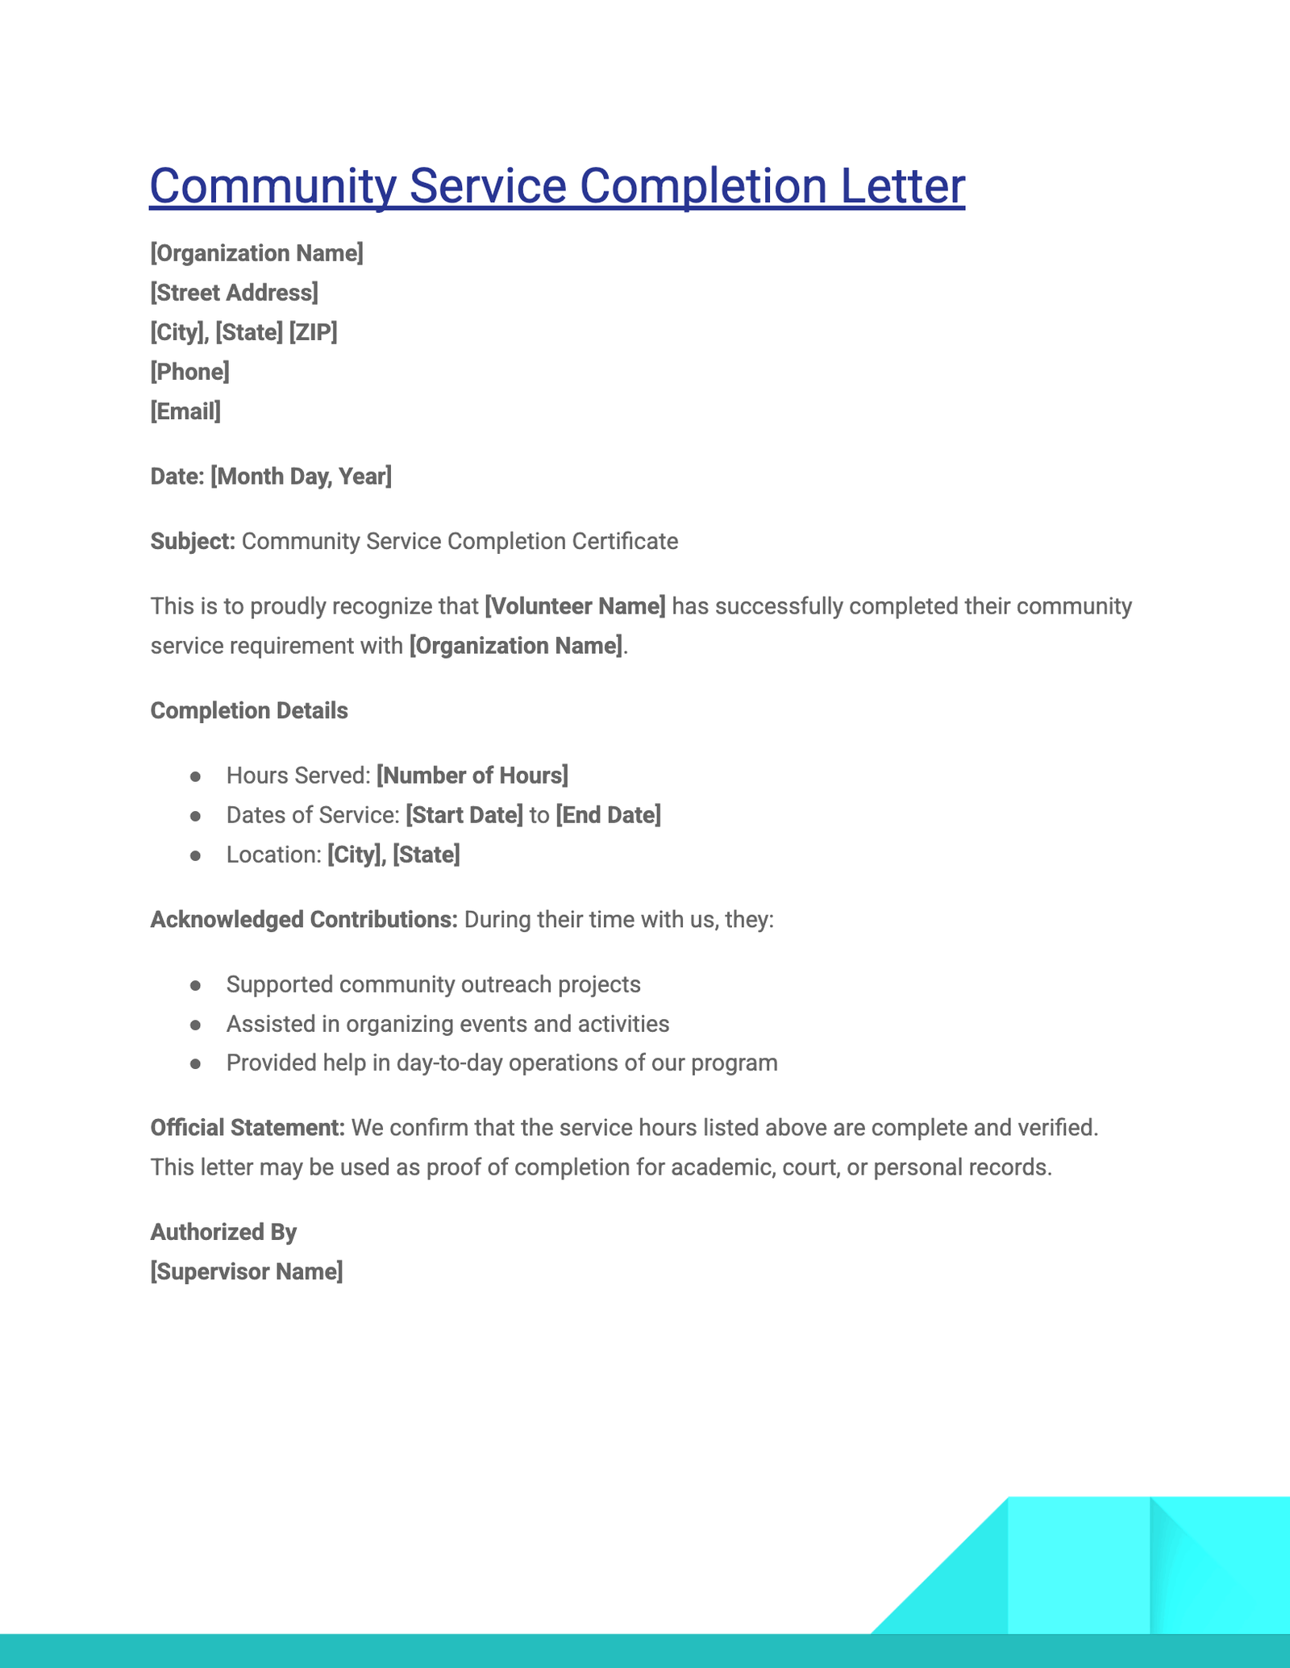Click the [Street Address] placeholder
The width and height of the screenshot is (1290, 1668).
pos(234,293)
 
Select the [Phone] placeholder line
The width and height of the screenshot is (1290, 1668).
pos(189,372)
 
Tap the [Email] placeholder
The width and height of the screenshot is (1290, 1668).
pos(185,412)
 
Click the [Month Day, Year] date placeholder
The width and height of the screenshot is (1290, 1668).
pos(301,476)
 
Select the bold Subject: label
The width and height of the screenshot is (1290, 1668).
pos(193,541)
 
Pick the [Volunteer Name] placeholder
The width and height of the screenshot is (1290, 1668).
pos(575,606)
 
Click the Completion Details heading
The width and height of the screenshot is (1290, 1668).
pos(249,711)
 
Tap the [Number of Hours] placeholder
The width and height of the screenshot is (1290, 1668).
pos(472,776)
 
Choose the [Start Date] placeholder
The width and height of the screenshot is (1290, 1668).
pos(464,815)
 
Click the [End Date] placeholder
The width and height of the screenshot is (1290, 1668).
pos(609,815)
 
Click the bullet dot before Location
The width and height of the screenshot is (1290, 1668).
pos(195,855)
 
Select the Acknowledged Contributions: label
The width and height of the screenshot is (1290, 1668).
pos(304,920)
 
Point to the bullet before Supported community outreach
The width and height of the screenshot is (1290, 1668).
pos(195,985)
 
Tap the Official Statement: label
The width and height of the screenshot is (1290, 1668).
pos(248,1128)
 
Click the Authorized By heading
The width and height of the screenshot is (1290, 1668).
pos(223,1232)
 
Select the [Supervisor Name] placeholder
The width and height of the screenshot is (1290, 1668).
pos(247,1272)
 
